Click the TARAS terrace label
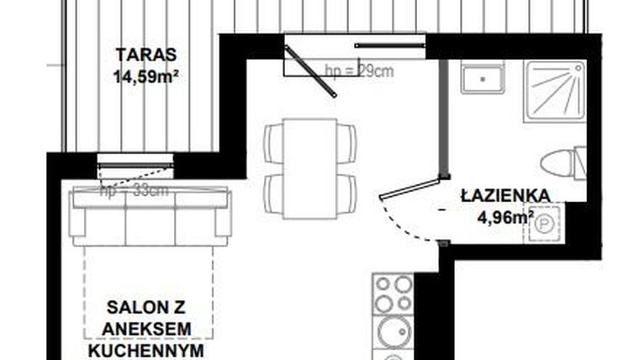click(x=145, y=56)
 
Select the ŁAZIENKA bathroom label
click(x=505, y=196)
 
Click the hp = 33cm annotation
click(x=135, y=191)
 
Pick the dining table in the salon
click(x=309, y=168)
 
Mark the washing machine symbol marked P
click(x=545, y=226)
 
